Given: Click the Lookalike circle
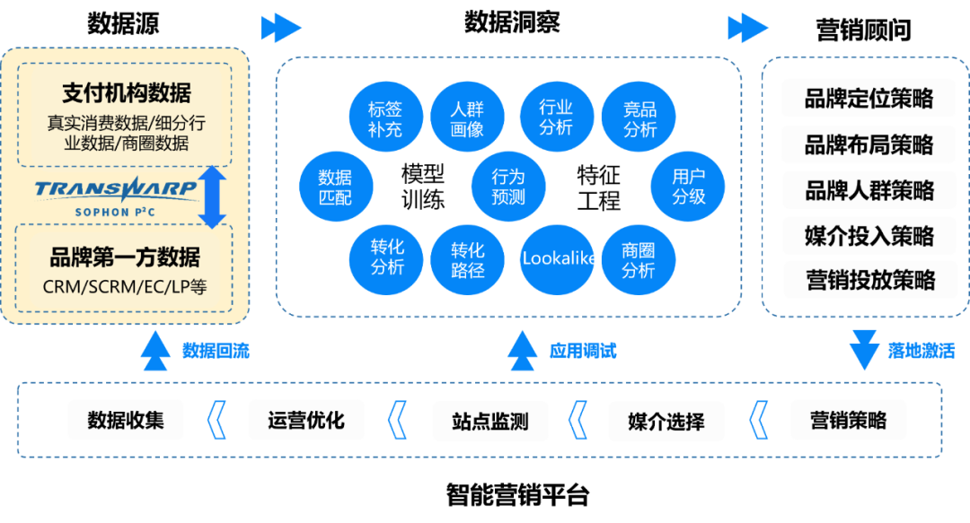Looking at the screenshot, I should (558, 258).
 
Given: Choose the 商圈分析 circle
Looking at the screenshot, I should (639, 260).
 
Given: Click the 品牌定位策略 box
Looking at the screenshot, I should (868, 99).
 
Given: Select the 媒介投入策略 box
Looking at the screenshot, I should (868, 236).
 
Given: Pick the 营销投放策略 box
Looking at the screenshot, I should (868, 281).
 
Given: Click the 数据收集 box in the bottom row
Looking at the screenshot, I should (126, 420).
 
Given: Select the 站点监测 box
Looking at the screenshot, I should (489, 421).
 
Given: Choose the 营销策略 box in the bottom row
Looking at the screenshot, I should (848, 420).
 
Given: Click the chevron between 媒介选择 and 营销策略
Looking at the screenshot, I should (758, 421).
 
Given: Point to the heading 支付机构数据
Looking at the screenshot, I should (126, 92).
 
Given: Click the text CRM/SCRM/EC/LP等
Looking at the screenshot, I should (125, 288).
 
